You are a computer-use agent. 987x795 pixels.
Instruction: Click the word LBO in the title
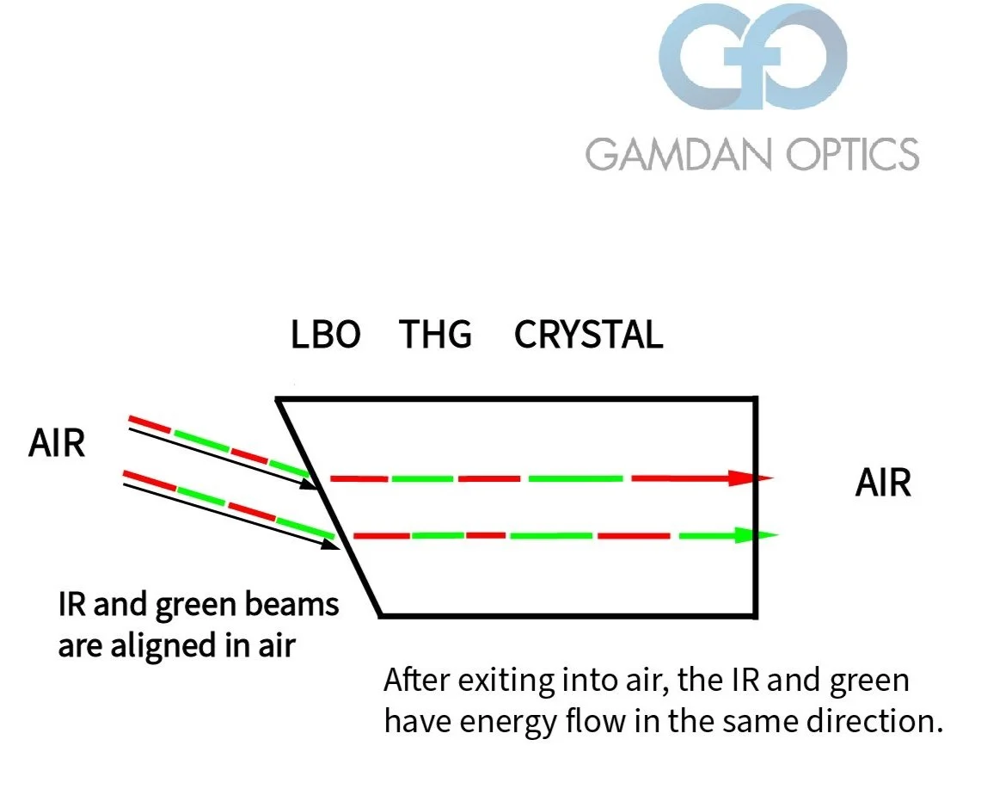coord(326,335)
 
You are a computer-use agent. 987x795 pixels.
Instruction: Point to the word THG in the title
coord(436,335)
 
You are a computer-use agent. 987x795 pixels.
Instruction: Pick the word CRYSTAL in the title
coord(588,335)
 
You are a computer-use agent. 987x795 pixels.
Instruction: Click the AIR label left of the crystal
coord(57,445)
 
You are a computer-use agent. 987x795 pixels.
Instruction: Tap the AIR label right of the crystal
coord(882,484)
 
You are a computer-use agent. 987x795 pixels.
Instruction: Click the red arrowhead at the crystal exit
coord(746,478)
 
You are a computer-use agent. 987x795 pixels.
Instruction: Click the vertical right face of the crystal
coord(756,585)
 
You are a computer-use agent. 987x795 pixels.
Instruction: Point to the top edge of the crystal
coord(516,398)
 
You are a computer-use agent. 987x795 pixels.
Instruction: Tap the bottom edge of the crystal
coord(567,615)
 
